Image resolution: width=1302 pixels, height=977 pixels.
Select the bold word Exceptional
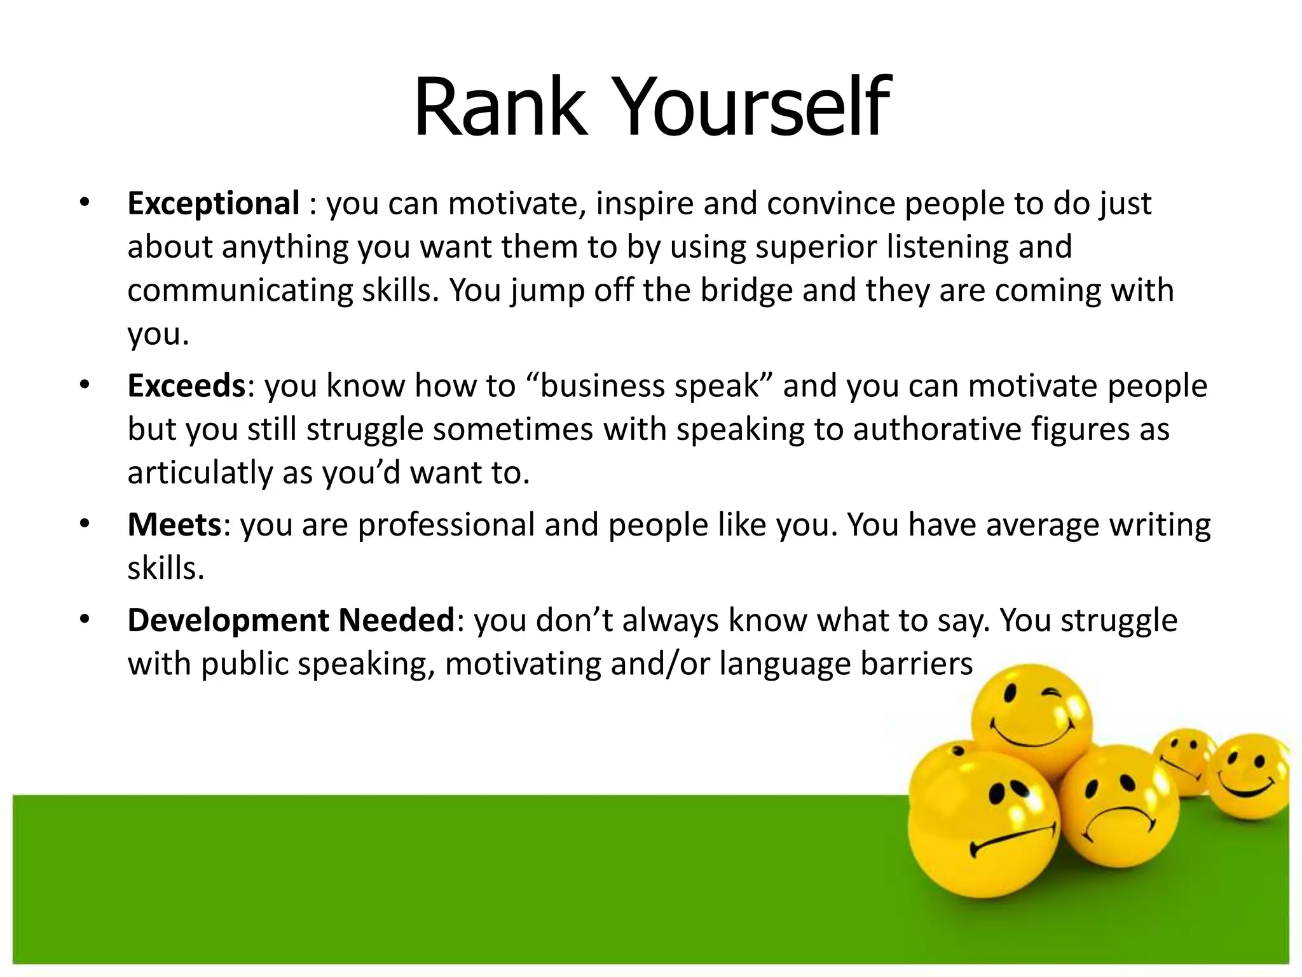214,204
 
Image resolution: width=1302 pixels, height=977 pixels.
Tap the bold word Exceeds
186,385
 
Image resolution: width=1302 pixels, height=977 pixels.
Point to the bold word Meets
174,525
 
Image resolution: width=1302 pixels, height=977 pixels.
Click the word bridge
746,290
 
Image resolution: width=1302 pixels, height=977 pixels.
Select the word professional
446,525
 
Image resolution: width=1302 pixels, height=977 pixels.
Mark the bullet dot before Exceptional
85,204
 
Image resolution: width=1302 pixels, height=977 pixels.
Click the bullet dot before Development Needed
85,620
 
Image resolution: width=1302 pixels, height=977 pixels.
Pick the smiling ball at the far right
1249,776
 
